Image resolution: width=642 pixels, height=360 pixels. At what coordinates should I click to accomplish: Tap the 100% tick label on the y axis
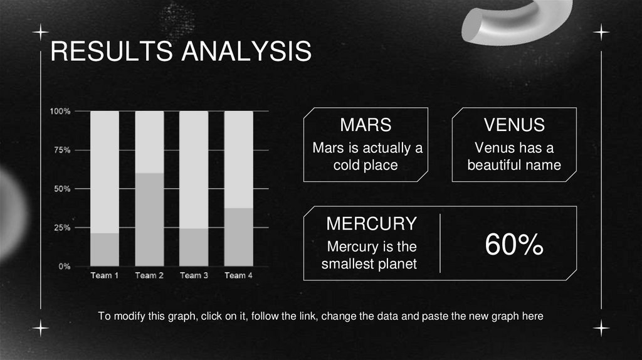60,111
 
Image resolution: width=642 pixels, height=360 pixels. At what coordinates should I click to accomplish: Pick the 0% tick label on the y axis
64,267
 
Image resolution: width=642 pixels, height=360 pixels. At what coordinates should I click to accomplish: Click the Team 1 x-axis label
105,275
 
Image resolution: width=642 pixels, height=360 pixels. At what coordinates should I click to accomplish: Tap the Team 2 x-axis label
149,275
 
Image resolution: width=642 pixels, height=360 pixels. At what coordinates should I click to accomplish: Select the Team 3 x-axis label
194,275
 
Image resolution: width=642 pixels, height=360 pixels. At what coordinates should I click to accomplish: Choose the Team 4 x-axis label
238,275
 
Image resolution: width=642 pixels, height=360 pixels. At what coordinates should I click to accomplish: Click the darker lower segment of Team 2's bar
149,220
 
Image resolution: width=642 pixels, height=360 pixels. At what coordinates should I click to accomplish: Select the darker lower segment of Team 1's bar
105,250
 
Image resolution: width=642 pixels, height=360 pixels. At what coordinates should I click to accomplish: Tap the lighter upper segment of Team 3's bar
194,169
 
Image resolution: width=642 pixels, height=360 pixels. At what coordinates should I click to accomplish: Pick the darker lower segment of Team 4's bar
238,237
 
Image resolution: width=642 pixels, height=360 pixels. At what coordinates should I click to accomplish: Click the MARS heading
366,125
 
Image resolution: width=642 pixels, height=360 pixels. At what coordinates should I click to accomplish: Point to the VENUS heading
514,125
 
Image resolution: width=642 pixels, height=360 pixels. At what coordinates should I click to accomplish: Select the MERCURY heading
371,223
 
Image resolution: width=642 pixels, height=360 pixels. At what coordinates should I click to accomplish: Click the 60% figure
513,246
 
